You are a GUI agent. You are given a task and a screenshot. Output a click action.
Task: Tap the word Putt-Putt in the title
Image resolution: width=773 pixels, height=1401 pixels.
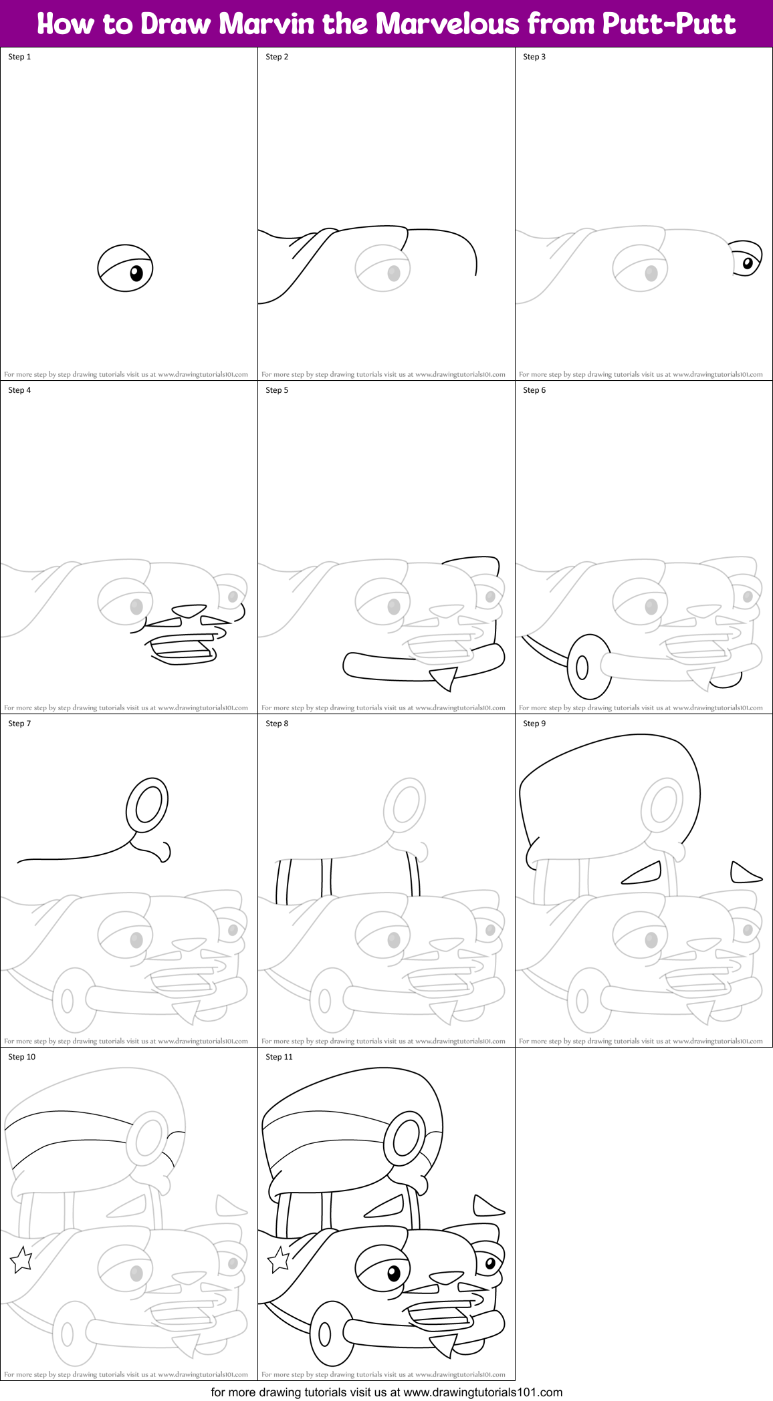tap(669, 24)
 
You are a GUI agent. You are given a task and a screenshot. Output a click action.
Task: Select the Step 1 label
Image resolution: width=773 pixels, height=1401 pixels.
tap(19, 57)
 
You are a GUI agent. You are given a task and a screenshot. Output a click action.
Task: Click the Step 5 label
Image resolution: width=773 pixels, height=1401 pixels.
tap(277, 390)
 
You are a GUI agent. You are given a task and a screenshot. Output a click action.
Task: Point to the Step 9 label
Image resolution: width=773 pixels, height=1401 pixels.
tap(534, 724)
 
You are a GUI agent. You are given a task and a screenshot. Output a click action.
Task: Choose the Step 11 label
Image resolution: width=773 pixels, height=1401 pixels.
tap(279, 1057)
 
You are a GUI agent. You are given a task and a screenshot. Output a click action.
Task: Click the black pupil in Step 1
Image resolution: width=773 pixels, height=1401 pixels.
tap(136, 273)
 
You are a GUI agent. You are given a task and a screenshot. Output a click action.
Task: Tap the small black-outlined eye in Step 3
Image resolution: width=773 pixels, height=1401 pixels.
tap(746, 259)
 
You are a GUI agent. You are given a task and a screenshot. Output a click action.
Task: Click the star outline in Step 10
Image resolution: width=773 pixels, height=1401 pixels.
tap(21, 1259)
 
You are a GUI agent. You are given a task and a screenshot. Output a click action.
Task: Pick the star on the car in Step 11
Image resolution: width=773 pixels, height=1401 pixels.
tap(279, 1259)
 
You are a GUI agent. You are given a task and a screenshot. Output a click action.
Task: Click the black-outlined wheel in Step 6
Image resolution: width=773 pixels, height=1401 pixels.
tap(588, 666)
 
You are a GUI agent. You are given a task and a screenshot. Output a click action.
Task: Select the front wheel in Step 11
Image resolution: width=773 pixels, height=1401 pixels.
tap(331, 1333)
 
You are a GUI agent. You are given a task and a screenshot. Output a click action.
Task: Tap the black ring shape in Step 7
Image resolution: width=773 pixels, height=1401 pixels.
tap(148, 804)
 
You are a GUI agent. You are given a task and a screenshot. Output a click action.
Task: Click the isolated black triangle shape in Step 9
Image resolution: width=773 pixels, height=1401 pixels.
tap(744, 873)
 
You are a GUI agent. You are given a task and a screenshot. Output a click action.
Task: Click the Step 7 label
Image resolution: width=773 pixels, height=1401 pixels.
tap(19, 724)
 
